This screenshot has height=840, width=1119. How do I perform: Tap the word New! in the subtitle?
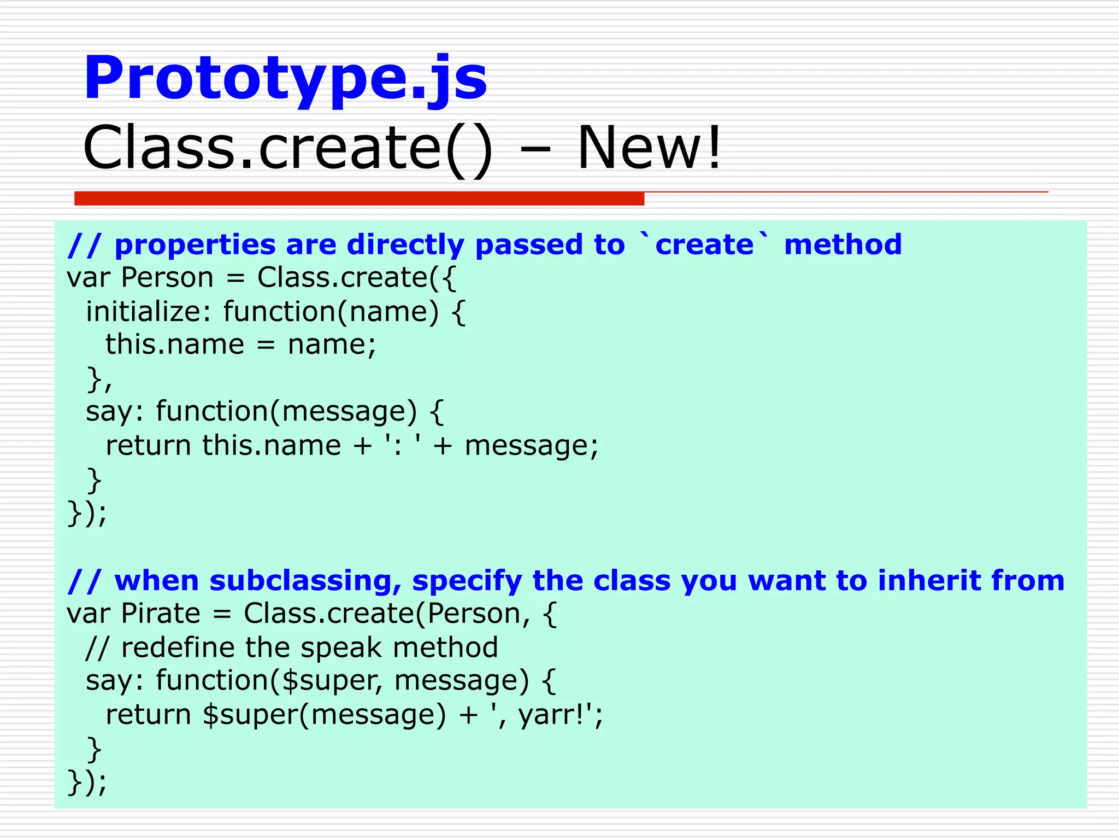click(649, 148)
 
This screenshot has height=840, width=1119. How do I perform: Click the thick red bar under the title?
click(359, 199)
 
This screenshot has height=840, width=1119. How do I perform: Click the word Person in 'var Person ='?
click(167, 278)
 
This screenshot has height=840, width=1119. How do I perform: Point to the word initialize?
click(144, 312)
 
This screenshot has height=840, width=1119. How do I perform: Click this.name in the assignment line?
click(175, 345)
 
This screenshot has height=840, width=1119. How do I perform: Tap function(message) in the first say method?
click(286, 412)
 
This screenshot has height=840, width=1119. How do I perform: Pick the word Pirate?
click(161, 614)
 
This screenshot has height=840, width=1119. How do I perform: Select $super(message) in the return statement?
click(325, 715)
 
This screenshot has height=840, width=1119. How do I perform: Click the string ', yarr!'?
click(546, 715)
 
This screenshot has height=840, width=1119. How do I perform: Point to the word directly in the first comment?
click(405, 244)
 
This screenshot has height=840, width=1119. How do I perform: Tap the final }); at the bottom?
click(87, 782)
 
